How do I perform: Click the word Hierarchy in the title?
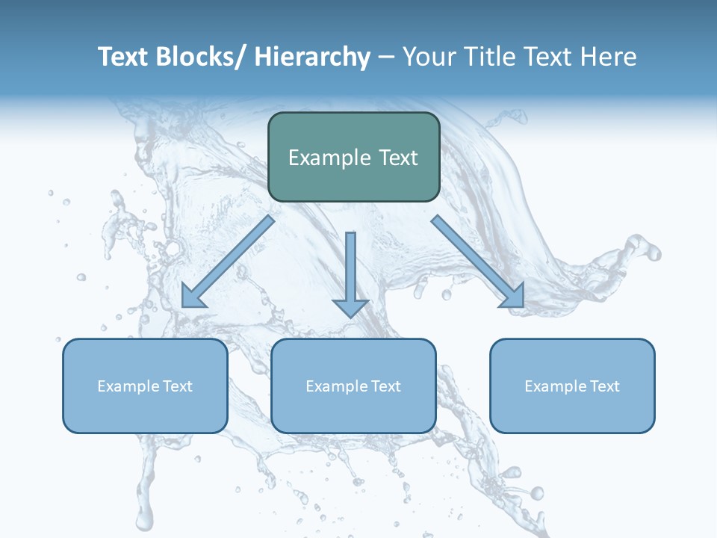pos(312,57)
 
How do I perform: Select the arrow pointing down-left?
pos(228,262)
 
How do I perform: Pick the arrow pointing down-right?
pos(478,262)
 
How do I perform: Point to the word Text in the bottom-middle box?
pos(384,386)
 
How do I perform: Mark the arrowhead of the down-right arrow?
pos(513,297)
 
